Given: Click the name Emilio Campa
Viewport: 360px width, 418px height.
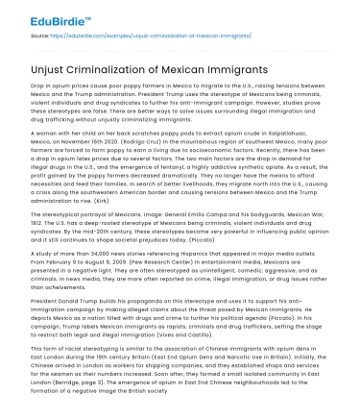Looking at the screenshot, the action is pos(200,237).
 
